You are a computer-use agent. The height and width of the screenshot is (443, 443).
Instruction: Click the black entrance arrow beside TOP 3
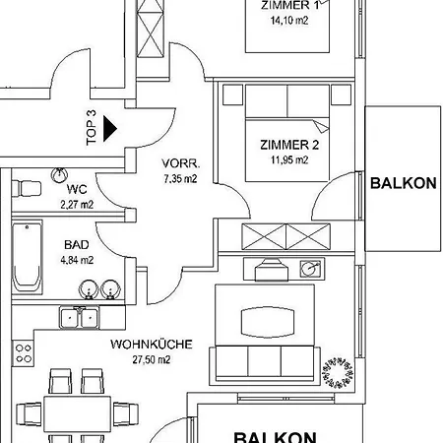pyautogui.click(x=109, y=129)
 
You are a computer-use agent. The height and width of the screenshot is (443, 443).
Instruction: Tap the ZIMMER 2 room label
pyautogui.click(x=289, y=145)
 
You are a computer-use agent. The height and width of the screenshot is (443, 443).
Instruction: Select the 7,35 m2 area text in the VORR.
pyautogui.click(x=180, y=179)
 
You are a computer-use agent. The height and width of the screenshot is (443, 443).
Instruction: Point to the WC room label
pyautogui.click(x=77, y=189)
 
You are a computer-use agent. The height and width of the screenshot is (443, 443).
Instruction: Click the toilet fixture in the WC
pyautogui.click(x=27, y=189)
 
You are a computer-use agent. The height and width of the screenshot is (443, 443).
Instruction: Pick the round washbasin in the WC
pyautogui.click(x=59, y=175)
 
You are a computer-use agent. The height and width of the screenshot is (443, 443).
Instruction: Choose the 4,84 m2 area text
pyautogui.click(x=77, y=260)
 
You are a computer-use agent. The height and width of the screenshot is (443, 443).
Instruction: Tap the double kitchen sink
pyautogui.click(x=79, y=317)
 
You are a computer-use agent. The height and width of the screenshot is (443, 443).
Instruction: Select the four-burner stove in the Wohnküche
pyautogui.click(x=24, y=353)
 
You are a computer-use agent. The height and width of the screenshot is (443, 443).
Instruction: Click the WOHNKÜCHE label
pyautogui.click(x=152, y=345)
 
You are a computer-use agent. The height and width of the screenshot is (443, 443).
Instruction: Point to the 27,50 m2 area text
pyautogui.click(x=152, y=359)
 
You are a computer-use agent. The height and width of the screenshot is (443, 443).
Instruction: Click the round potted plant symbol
pyautogui.click(x=338, y=371)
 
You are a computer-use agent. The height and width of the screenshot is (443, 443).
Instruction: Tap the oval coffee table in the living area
pyautogui.click(x=268, y=322)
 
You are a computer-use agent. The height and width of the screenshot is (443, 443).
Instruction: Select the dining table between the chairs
pyautogui.click(x=78, y=414)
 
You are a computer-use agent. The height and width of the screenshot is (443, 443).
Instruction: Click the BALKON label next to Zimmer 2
pyautogui.click(x=404, y=183)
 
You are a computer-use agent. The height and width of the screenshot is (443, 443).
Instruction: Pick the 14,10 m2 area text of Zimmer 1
pyautogui.click(x=289, y=21)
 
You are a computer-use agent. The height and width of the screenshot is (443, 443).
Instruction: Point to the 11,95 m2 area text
pyautogui.click(x=289, y=160)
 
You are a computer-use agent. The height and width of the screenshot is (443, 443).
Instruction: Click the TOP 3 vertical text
pyautogui.click(x=92, y=128)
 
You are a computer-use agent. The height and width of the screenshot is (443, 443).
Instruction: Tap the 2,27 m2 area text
pyautogui.click(x=77, y=205)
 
